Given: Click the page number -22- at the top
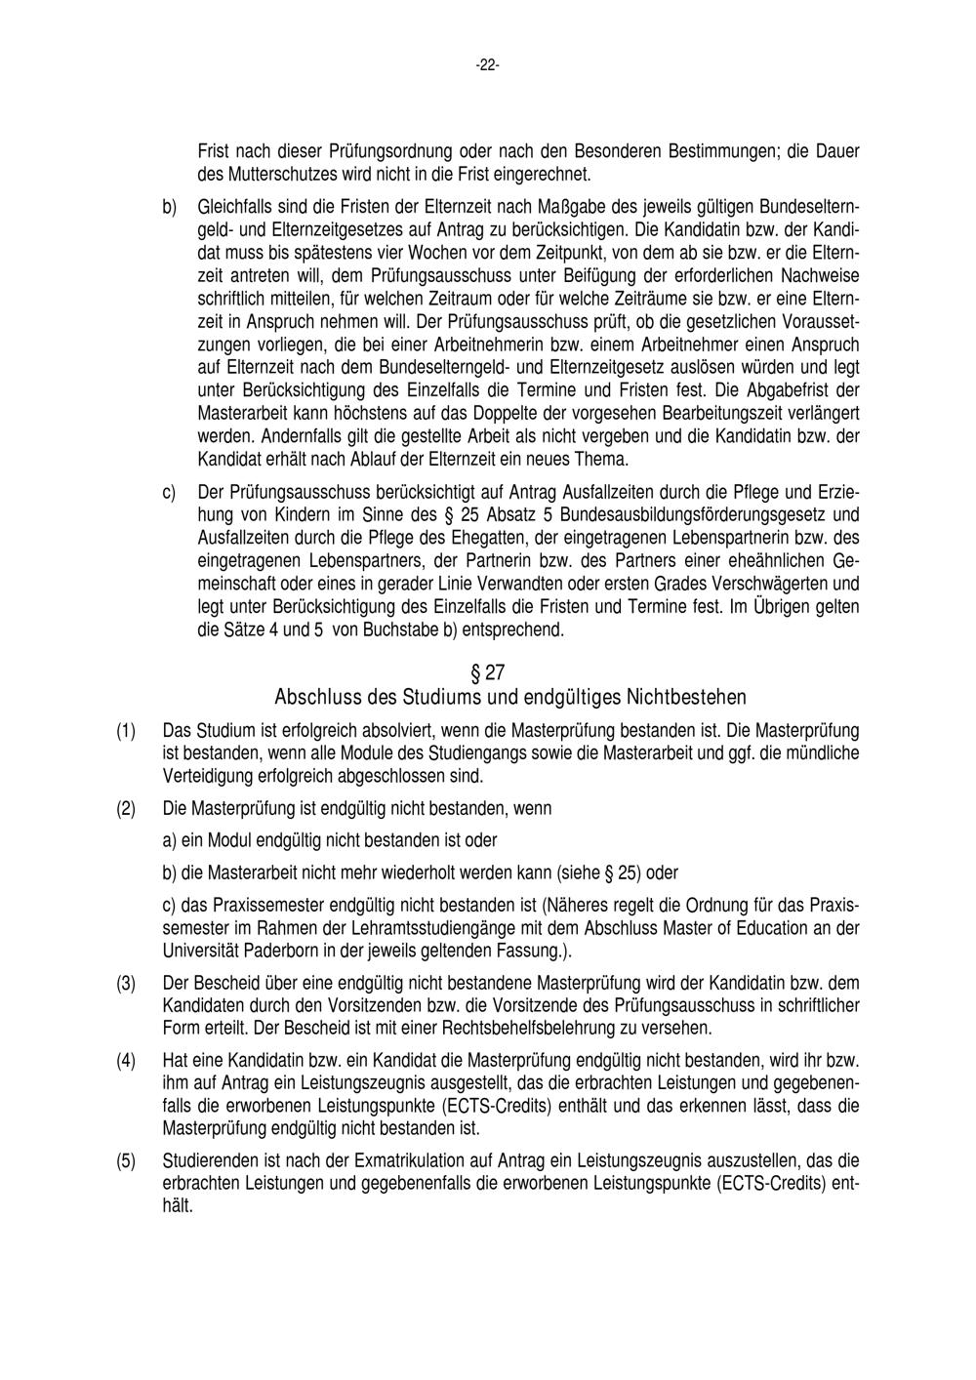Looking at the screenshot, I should click(x=487, y=65).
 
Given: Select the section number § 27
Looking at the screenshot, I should click(x=487, y=672).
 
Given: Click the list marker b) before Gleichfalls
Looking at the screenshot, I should click(x=168, y=208).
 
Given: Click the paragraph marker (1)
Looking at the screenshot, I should click(x=126, y=731).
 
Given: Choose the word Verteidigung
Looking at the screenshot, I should click(x=206, y=776).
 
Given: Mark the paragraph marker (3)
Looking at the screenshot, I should click(x=126, y=983).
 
